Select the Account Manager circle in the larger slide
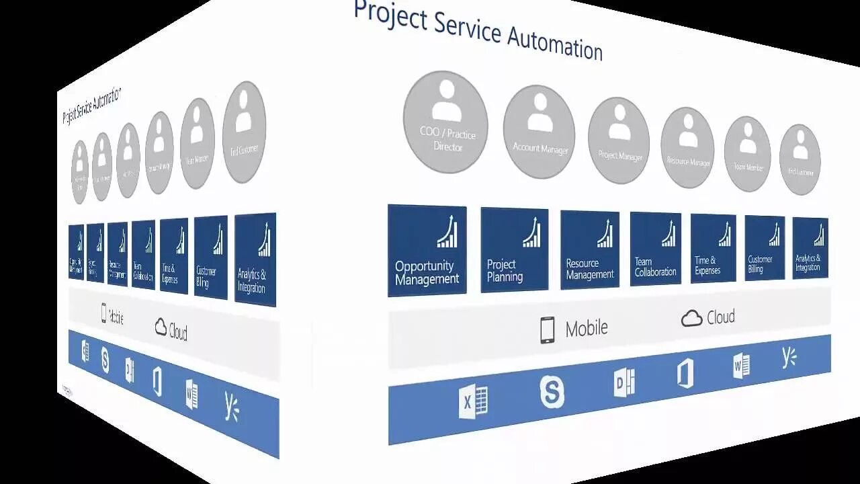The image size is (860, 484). coord(539,132)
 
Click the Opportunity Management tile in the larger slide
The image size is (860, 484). coord(427,250)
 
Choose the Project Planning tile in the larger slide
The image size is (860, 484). coord(514,249)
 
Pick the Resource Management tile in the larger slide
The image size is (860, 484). coord(590,249)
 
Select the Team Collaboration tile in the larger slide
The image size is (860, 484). coord(655,249)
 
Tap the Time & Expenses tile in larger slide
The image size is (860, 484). coord(713,248)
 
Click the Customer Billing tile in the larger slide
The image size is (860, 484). coord(765,247)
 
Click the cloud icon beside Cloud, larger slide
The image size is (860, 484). coord(691,319)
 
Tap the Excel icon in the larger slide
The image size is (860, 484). coord(473,402)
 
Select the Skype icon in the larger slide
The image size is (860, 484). coord(552,392)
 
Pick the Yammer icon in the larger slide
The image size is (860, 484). coord(789,358)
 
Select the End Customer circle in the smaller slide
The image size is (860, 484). coord(244,133)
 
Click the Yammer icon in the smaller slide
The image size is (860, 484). coord(231,406)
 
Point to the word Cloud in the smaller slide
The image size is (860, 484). coord(178,332)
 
